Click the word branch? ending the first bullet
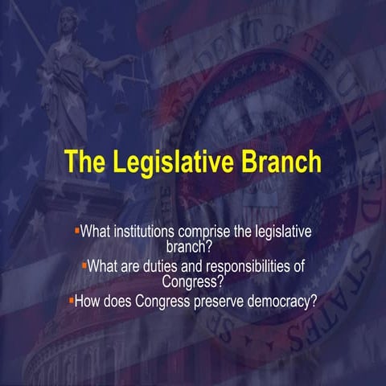click(192, 244)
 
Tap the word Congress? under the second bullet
click(193, 281)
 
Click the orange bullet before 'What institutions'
click(76, 230)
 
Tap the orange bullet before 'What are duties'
click(83, 264)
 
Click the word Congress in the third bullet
click(162, 303)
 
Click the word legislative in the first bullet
click(277, 232)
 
